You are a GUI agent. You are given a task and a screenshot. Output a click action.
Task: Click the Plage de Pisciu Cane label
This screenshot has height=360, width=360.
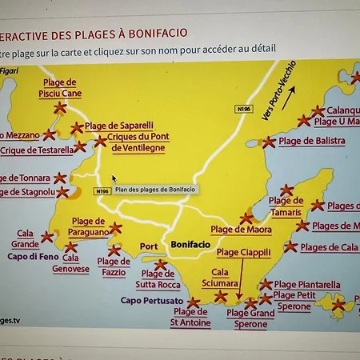pyautogui.click(x=60, y=87)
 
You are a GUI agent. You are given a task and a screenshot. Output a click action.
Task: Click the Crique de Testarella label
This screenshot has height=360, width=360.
pyautogui.click(x=37, y=150)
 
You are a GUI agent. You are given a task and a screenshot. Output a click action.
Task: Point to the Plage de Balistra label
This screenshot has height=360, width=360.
pyautogui.click(x=312, y=141)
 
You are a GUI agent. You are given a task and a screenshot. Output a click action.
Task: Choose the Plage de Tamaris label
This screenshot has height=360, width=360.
pyautogui.click(x=286, y=206)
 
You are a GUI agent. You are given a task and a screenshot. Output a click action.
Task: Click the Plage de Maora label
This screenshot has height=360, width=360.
pyautogui.click(x=241, y=230)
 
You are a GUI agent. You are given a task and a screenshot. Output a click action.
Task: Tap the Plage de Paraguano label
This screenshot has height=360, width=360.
pyautogui.click(x=88, y=226)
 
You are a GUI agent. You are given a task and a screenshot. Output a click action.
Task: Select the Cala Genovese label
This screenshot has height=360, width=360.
pyautogui.click(x=70, y=263)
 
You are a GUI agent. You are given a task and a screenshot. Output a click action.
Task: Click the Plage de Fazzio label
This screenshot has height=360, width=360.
pyautogui.click(x=113, y=266)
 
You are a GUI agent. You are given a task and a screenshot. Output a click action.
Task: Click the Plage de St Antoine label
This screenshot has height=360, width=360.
pyautogui.click(x=190, y=318)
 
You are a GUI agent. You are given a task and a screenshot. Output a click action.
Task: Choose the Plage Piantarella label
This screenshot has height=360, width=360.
pyautogui.click(x=307, y=285)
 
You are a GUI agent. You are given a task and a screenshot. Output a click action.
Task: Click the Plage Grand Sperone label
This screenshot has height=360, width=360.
pyautogui.click(x=250, y=318)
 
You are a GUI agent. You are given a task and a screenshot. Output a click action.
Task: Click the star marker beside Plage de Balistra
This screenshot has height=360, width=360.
pyautogui.click(x=269, y=142)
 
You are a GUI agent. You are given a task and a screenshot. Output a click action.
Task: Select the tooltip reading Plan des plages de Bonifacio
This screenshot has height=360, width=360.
pyautogui.click(x=155, y=190)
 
